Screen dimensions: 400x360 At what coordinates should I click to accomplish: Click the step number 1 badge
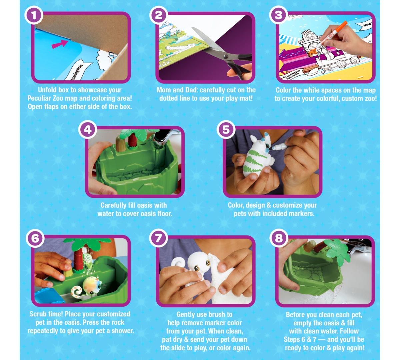click(x=34, y=15)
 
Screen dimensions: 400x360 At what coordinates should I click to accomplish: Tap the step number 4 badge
click(x=88, y=130)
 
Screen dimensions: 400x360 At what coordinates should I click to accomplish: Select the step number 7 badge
click(x=158, y=238)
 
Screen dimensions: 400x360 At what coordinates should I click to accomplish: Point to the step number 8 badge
click(x=279, y=238)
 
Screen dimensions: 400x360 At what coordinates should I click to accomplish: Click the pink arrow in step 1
click(x=60, y=44)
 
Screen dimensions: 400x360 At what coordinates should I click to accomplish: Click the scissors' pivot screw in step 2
click(x=226, y=56)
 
